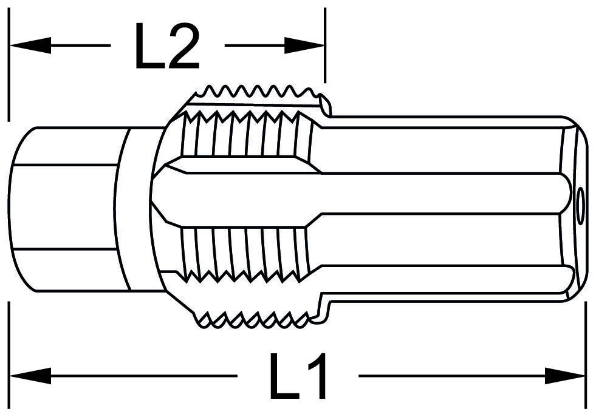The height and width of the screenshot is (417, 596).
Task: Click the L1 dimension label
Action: (x=298, y=376)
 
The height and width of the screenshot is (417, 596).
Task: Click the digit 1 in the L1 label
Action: (x=316, y=376)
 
